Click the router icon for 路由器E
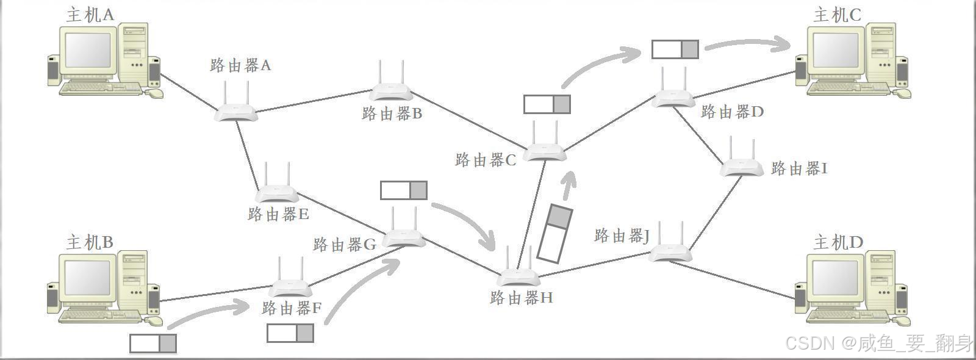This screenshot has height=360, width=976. [x=277, y=193]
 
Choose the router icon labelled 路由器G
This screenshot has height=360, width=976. [x=403, y=237]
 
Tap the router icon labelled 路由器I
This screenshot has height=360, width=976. [x=742, y=167]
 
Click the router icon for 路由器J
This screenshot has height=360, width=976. [x=670, y=251]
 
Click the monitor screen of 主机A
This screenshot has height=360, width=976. [x=88, y=50]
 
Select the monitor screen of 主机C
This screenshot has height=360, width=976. [x=836, y=50]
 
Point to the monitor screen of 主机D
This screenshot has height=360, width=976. [x=836, y=278]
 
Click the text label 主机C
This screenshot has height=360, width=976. [x=837, y=15]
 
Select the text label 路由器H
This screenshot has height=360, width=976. [x=522, y=298]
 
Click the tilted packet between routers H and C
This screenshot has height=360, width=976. [x=554, y=234]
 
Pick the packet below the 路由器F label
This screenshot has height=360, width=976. [x=290, y=333]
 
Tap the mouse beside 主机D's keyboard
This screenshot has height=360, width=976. [x=901, y=320]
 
